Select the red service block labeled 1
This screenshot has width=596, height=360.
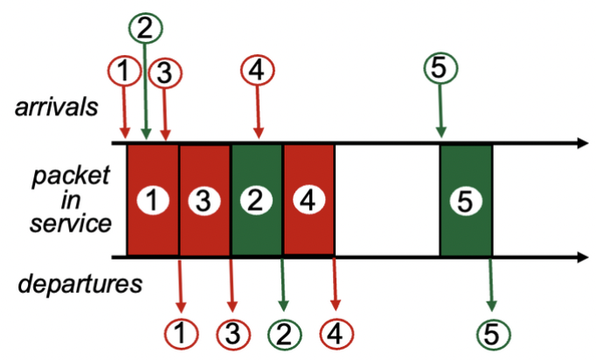click(153, 201)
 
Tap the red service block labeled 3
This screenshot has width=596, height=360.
click(204, 201)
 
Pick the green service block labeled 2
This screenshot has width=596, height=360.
click(256, 201)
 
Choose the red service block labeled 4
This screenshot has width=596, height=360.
click(308, 201)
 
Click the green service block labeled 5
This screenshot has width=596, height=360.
click(465, 201)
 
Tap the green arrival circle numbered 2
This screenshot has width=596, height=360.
click(145, 26)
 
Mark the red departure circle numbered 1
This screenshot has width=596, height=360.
click(181, 333)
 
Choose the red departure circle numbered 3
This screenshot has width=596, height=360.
click(232, 333)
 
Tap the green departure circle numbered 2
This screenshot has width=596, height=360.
click(283, 333)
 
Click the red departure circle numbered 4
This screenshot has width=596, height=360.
click(335, 333)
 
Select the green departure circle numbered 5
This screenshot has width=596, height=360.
click(491, 333)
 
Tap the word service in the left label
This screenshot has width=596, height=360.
click(70, 223)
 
